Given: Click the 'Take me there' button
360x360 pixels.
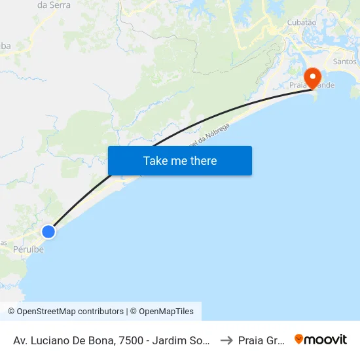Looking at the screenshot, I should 180,161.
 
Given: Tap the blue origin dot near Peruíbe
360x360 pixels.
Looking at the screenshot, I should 48,231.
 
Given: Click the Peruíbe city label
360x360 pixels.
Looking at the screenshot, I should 28,249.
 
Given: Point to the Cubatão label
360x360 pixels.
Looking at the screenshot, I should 302,22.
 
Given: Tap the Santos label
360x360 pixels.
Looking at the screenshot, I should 346,62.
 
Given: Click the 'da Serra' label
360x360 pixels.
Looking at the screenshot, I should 54,5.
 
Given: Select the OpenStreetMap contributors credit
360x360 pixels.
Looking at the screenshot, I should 65,312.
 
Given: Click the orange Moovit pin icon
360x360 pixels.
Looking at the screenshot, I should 299,339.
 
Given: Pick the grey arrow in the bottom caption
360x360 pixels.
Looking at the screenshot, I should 227,340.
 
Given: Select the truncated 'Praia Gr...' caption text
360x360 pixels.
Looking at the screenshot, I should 261,340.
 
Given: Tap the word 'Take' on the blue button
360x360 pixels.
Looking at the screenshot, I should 155,161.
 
